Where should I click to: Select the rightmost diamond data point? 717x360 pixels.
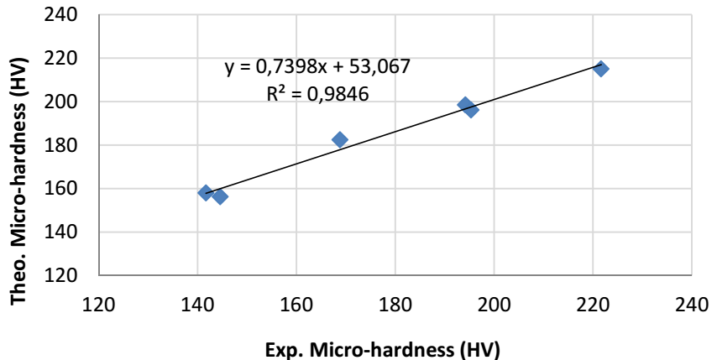601,69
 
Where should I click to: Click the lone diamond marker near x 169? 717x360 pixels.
340,139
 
